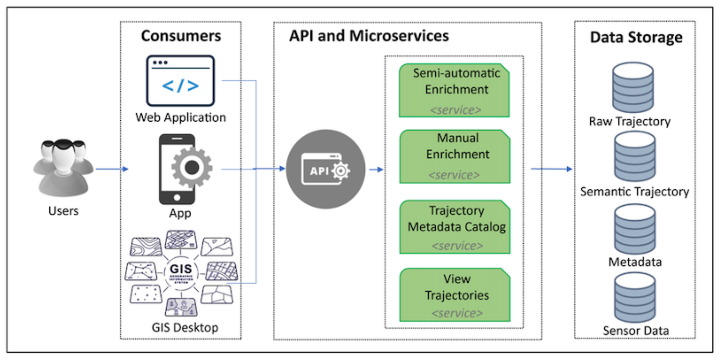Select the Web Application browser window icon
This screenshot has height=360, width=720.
180,81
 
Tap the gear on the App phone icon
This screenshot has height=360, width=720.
192,167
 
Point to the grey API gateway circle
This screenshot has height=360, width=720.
326,169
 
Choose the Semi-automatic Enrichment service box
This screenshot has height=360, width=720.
454,91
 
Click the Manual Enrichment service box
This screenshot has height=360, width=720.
455,157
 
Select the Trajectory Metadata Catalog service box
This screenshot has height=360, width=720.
455,227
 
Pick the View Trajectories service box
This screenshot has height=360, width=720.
455,295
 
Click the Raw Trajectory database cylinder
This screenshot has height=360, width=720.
633,88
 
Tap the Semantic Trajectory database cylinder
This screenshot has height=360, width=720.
635,157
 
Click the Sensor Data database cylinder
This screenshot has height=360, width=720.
635,298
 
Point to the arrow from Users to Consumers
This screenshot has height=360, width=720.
112,169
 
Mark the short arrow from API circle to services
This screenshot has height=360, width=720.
376,170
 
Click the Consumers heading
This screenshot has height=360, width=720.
181,36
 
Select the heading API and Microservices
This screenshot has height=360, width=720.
369,36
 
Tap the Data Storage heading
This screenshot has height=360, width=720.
636,37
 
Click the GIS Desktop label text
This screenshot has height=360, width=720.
185,328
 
